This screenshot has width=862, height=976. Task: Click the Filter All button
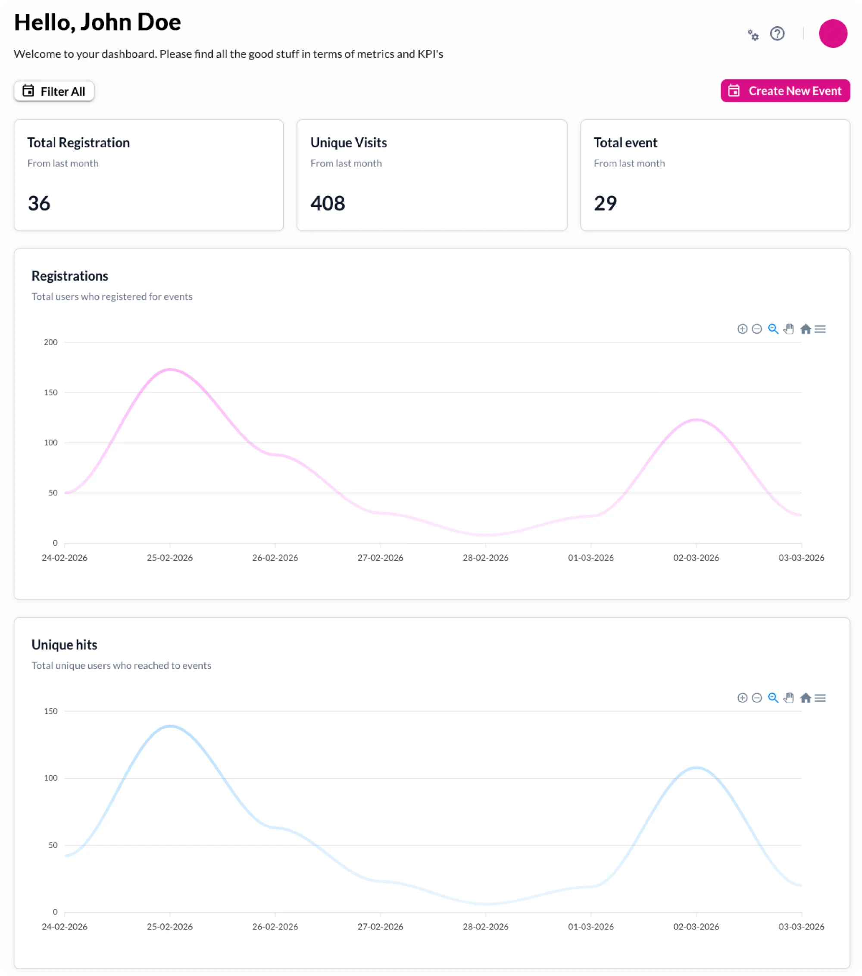click(x=54, y=91)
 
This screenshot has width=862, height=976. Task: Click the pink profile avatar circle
click(x=832, y=34)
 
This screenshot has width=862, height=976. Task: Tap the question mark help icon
click(x=777, y=34)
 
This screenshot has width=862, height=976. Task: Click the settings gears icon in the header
click(x=753, y=34)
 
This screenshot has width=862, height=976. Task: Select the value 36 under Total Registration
click(x=39, y=203)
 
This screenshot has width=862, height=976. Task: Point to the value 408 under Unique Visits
click(x=328, y=203)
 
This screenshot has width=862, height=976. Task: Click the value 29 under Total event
click(x=605, y=203)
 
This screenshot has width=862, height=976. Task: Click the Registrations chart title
click(x=70, y=276)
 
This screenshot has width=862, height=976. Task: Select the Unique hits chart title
click(x=65, y=645)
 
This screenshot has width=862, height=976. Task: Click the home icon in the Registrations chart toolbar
click(x=805, y=329)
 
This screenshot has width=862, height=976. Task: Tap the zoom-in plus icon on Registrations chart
click(x=742, y=329)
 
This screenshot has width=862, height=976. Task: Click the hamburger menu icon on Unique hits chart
click(x=819, y=698)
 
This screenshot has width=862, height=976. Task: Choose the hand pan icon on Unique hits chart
click(x=788, y=698)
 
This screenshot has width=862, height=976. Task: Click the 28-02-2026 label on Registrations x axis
click(x=485, y=557)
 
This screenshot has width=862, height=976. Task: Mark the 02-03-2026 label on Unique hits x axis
click(x=696, y=926)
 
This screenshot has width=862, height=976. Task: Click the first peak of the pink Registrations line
click(x=170, y=369)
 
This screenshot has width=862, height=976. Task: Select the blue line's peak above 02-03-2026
click(x=696, y=767)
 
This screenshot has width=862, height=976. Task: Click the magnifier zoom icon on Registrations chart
click(x=773, y=329)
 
